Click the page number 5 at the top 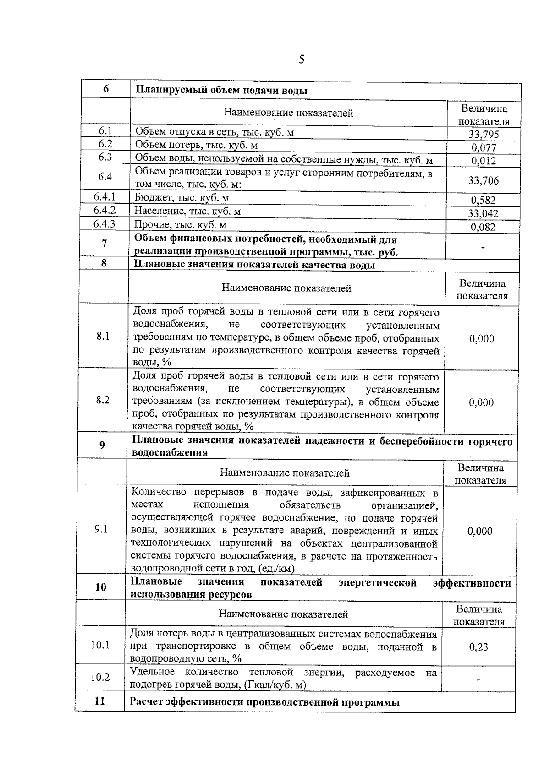301,60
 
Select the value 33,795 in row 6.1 484,134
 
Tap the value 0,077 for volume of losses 484,147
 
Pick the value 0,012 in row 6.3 484,161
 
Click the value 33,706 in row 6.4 483,180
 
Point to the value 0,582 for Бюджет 483,200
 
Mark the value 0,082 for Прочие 483,227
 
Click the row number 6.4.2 104,210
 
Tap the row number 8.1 103,337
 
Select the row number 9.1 101,529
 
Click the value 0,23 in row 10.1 478,647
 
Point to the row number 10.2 100,677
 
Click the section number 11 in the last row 99,701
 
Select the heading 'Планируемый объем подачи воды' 221,91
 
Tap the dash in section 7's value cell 483,247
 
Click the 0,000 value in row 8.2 481,402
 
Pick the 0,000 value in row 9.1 480,531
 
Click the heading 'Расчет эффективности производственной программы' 264,702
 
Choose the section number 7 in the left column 104,244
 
